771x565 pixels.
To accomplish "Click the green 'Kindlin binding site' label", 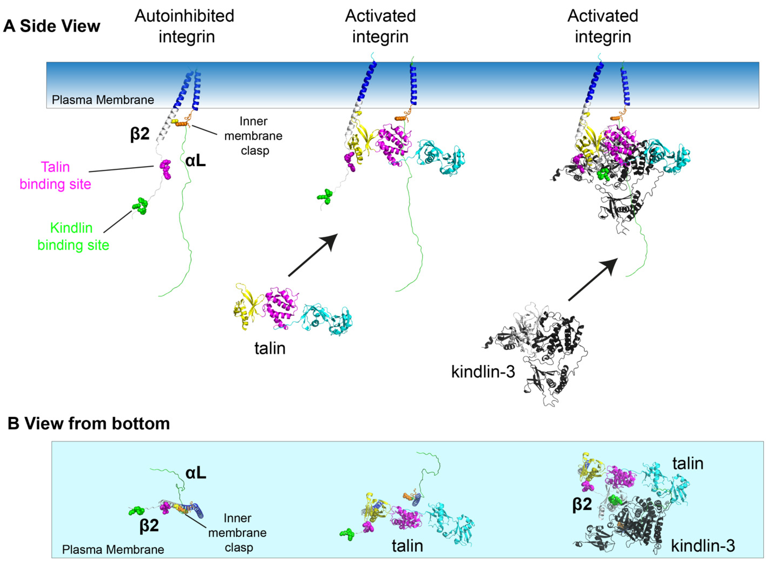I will tap(73, 236).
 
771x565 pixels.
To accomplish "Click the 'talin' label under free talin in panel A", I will tap(270, 348).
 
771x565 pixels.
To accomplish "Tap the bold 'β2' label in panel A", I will tap(140, 134).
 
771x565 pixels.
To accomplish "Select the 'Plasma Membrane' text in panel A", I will tap(103, 100).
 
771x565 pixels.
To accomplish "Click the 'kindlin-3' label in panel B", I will tap(703, 546).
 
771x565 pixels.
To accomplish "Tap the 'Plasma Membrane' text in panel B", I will tap(113, 550).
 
